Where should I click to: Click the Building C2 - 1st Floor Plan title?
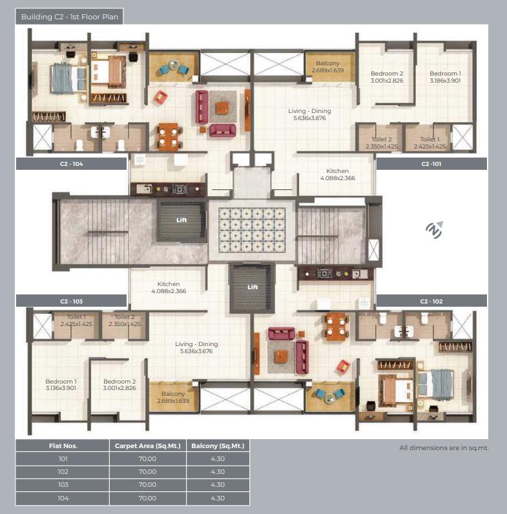coord(70,17)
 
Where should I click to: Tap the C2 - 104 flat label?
coord(71,164)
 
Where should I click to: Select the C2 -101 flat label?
coord(431,164)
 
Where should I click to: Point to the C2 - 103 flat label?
coord(71,302)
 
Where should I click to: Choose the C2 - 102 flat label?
coord(431,302)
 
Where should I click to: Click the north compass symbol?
coord(435,229)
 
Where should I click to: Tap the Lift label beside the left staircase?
coord(181,220)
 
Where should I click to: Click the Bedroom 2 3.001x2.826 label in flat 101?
coord(387,77)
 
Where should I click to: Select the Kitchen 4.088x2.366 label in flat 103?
coord(169,287)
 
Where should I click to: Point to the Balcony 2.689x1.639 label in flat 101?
coord(327,67)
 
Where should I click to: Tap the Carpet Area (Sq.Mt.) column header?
coord(147,446)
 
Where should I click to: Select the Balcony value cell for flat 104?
coord(218,499)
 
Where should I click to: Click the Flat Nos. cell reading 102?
coord(63,472)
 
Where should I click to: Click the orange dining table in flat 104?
coord(169,137)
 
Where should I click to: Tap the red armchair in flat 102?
coord(343,366)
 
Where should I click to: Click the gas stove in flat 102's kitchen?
coord(324,273)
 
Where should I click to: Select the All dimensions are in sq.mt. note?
coord(444,447)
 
